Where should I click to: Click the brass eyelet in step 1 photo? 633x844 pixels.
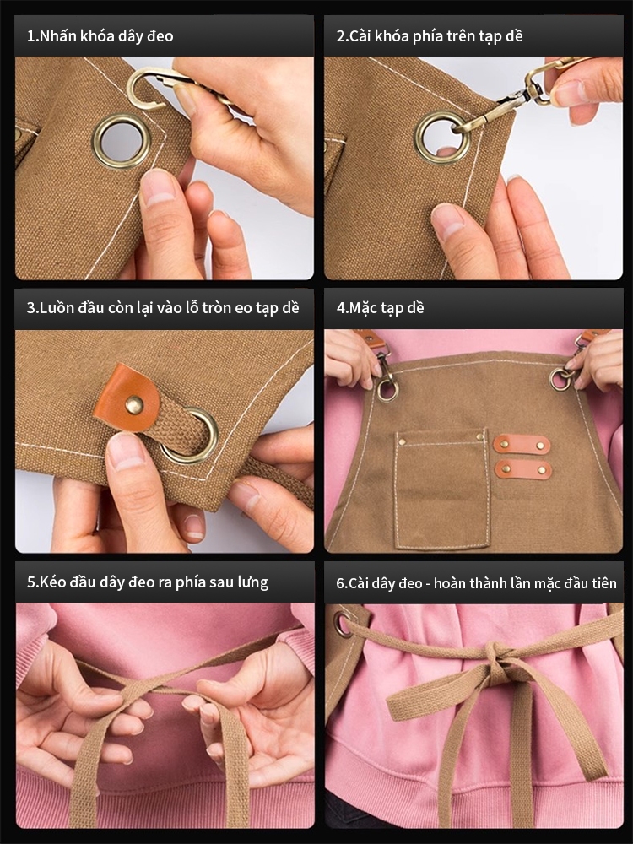(x=96, y=142)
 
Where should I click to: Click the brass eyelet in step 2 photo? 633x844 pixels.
(x=419, y=138)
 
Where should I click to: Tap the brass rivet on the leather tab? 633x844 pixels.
(x=134, y=403)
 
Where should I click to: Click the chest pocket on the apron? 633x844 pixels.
(x=442, y=489)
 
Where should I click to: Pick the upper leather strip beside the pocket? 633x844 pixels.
(x=522, y=445)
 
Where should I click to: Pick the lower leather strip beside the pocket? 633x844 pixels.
(x=523, y=469)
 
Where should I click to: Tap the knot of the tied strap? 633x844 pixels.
(x=495, y=657)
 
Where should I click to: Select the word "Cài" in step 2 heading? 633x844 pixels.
(x=360, y=36)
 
